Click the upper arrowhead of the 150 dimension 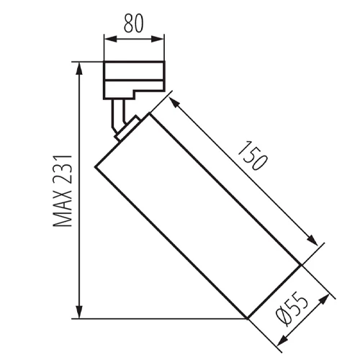pyautogui.click(x=174, y=99)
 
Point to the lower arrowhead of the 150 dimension pyautogui.click(x=315, y=243)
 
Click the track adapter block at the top pyautogui.click(x=134, y=80)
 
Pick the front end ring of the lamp pyautogui.click(x=274, y=292)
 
